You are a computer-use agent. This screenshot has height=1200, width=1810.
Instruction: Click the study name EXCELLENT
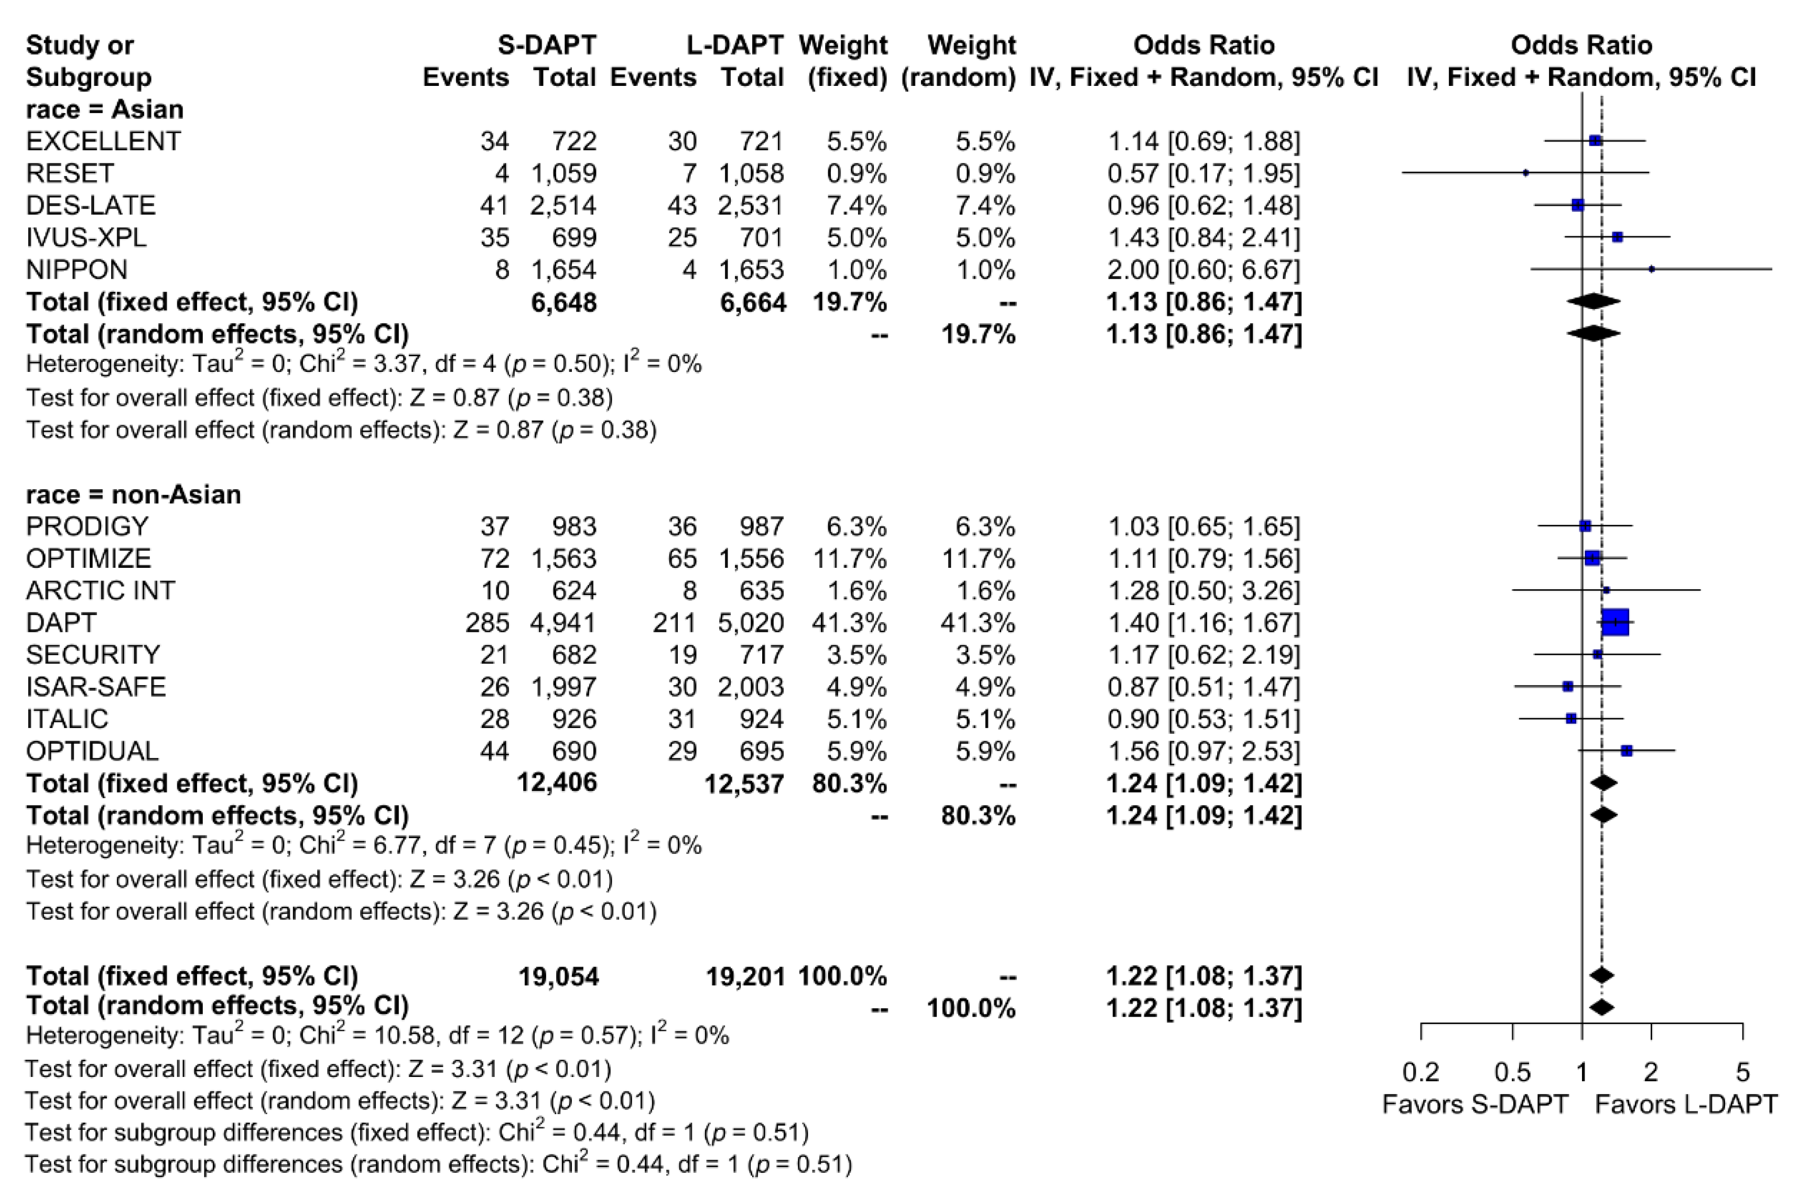click(103, 141)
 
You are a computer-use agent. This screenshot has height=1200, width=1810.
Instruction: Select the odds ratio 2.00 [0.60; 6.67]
click(1204, 270)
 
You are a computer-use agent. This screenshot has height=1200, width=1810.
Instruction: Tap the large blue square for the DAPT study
click(1615, 622)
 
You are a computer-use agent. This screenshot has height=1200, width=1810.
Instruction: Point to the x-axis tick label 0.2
click(1421, 1072)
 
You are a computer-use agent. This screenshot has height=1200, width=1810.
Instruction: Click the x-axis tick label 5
click(1742, 1072)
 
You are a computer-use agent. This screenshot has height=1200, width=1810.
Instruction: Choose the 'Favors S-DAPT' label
click(1475, 1104)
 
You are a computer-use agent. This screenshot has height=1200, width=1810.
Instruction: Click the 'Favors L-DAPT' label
click(1686, 1104)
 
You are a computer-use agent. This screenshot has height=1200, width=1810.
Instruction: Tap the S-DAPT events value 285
click(487, 623)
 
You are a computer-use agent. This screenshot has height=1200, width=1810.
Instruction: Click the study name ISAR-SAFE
click(96, 687)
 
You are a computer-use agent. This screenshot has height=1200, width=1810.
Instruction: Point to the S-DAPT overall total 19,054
click(559, 976)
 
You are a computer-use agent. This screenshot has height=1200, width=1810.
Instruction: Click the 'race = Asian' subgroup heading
click(105, 109)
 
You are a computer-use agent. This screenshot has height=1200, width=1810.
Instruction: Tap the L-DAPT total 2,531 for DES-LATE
click(751, 206)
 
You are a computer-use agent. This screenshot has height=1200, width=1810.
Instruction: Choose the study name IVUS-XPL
click(86, 238)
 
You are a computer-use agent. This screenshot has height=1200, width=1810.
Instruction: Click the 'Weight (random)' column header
click(959, 61)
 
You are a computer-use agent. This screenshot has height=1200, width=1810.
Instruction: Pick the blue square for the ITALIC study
click(1571, 719)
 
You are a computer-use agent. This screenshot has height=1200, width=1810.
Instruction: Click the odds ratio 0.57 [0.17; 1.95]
click(1204, 174)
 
